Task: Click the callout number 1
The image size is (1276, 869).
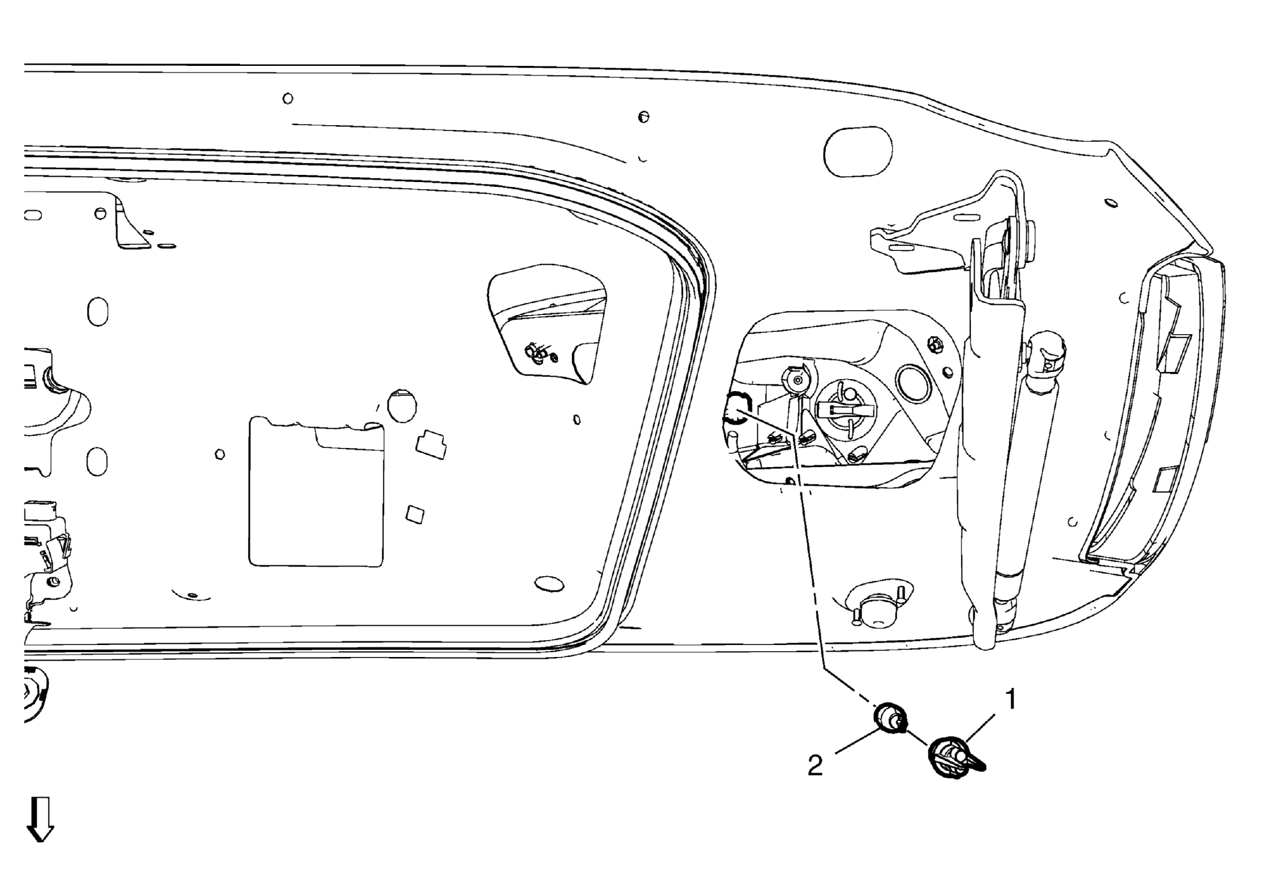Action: (x=1010, y=700)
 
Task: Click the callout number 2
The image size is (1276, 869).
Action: (x=815, y=766)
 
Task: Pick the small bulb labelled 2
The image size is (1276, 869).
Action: (x=890, y=719)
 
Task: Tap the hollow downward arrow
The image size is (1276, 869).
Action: (x=40, y=819)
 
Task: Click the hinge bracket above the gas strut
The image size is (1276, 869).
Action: (x=947, y=228)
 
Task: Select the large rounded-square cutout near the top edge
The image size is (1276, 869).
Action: (x=858, y=152)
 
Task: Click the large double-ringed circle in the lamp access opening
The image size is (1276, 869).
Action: (x=914, y=383)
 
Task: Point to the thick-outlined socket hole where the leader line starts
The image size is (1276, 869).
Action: (x=737, y=408)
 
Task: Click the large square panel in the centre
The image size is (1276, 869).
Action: (x=316, y=492)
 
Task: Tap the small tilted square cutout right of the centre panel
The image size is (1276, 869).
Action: (x=415, y=514)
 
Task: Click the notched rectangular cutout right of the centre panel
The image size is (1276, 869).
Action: (x=431, y=444)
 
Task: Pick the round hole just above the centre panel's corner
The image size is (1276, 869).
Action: (x=402, y=405)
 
